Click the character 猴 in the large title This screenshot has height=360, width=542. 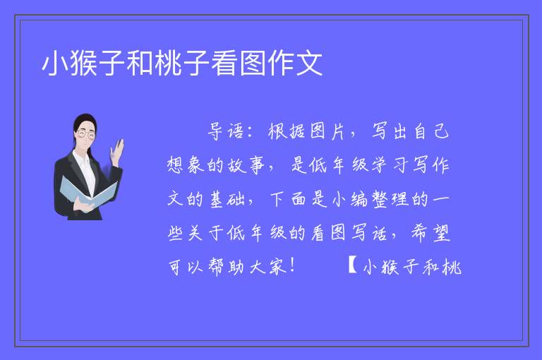click(x=84, y=63)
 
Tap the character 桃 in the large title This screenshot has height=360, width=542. click(x=168, y=63)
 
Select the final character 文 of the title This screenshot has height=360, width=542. click(x=308, y=63)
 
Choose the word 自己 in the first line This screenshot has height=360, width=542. click(x=430, y=131)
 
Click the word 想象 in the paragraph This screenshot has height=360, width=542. click(x=186, y=165)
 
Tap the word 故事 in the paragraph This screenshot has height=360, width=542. click(x=246, y=165)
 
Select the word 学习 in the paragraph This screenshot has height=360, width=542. click(x=390, y=165)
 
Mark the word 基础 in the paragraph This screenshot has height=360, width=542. click(x=227, y=199)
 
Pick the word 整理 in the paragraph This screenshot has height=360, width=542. click(x=390, y=199)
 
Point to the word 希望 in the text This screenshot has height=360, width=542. click(x=430, y=233)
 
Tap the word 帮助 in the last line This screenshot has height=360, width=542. click(x=226, y=267)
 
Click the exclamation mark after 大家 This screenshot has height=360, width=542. click(x=293, y=265)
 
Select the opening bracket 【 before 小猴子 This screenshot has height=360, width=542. click(x=352, y=265)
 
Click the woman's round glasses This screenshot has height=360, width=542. click(x=86, y=134)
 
